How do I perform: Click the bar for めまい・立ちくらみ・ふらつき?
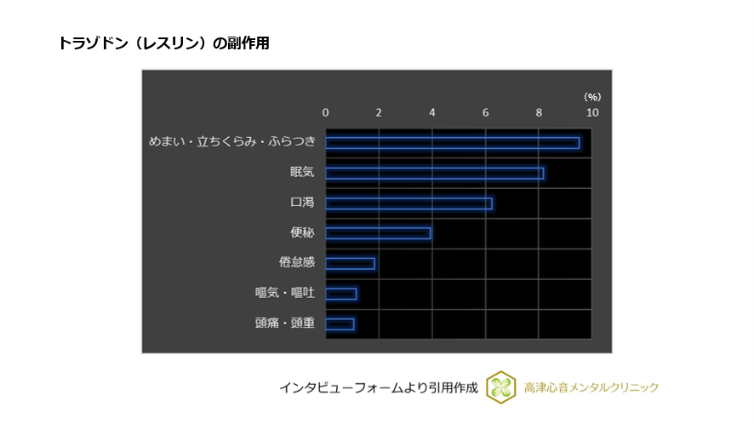click(x=452, y=143)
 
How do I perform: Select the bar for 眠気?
click(x=434, y=174)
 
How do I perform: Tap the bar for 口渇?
click(x=408, y=203)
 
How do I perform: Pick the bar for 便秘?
click(x=378, y=233)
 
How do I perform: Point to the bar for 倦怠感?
click(x=350, y=263)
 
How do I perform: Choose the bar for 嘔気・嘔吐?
click(x=340, y=294)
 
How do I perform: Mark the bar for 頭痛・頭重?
click(x=340, y=324)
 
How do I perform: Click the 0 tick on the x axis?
click(x=325, y=112)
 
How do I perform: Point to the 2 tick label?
click(x=379, y=112)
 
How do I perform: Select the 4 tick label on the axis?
click(x=432, y=112)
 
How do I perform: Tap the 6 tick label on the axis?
click(x=486, y=112)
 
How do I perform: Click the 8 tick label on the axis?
click(x=539, y=112)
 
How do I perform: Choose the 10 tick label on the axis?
click(x=591, y=112)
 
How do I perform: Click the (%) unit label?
click(x=591, y=97)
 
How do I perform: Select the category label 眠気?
click(x=302, y=173)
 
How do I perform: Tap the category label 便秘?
click(x=302, y=232)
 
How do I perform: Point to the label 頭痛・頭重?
click(x=284, y=323)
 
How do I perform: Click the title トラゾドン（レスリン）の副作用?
click(x=163, y=43)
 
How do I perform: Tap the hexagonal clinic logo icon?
click(x=501, y=387)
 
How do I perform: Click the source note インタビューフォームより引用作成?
click(x=378, y=387)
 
